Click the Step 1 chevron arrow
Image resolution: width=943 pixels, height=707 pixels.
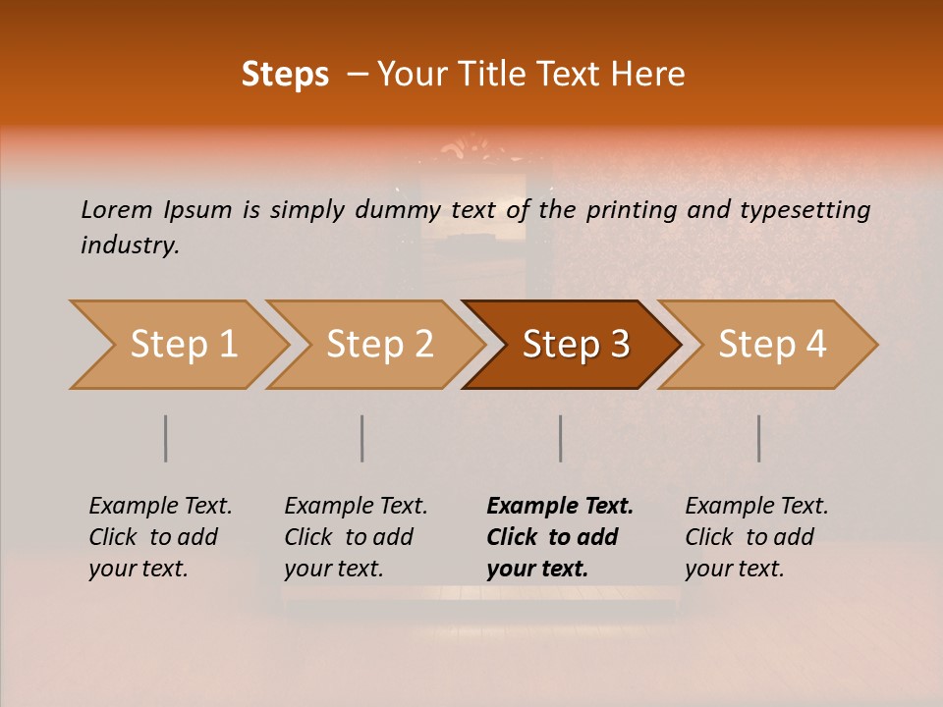coord(182,345)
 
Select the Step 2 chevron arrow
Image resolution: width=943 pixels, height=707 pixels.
coord(378,345)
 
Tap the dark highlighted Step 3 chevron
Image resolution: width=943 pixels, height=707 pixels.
coord(575,345)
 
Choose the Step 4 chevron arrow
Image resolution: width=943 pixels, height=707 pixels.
coord(771,345)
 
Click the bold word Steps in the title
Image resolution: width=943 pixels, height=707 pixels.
coord(285,75)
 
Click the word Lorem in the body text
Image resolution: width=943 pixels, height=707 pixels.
coord(117,209)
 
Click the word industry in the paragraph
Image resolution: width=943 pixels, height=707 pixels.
coord(130,245)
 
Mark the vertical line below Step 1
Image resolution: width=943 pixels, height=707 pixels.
coord(165,438)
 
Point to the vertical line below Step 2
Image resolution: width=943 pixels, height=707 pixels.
coord(362,438)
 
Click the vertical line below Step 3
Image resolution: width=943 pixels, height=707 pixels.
coord(560,438)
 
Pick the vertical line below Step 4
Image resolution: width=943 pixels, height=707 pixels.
coord(758,438)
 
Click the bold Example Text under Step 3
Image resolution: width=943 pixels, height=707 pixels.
coord(560,506)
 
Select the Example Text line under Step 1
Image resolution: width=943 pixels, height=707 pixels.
coord(160,506)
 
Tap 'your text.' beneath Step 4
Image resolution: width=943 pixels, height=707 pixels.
coord(734,569)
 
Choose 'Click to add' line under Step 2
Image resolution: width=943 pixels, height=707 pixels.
coord(349,537)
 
